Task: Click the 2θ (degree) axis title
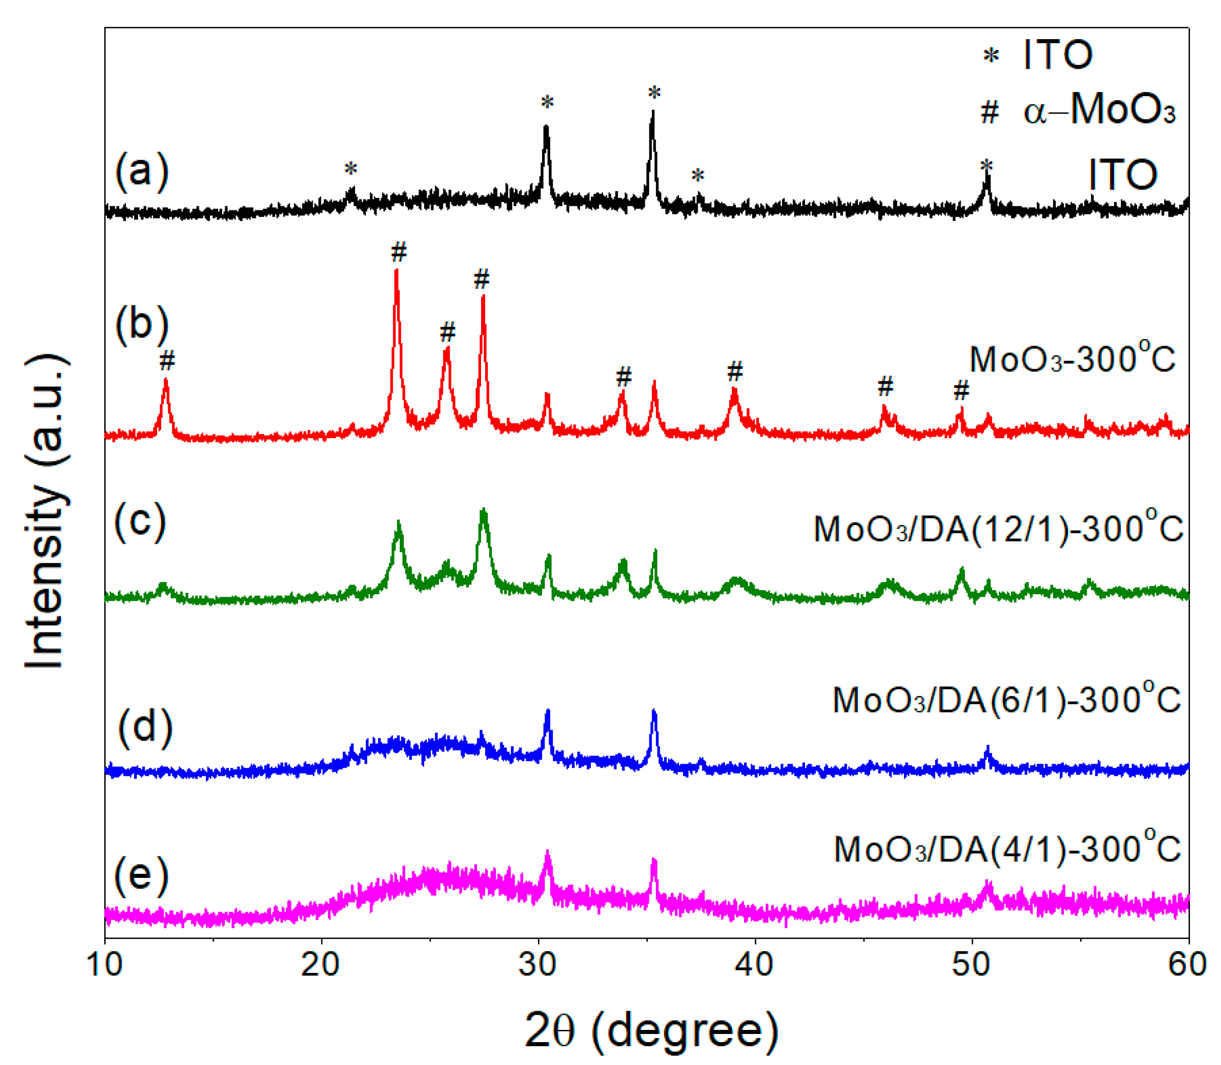pos(651,1031)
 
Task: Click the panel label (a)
pos(141,171)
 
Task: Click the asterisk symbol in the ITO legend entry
pos(990,57)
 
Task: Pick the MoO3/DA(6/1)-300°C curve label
pos(1006,699)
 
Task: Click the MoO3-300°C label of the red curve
pos(1072,359)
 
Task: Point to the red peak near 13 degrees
pos(166,382)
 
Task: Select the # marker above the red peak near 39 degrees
pos(735,372)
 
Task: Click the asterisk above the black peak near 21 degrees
pos(351,169)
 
